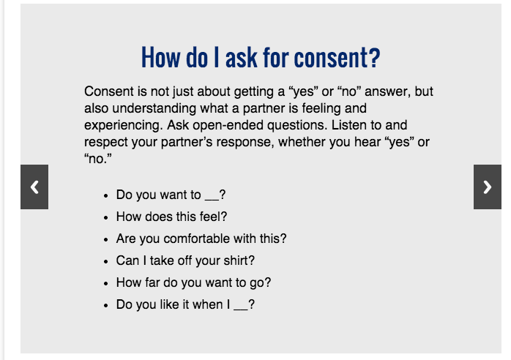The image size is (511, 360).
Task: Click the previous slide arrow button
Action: [34, 187]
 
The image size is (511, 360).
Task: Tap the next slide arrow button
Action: [488, 187]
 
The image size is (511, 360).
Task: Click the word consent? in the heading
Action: [337, 58]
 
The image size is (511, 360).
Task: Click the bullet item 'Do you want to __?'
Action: [171, 195]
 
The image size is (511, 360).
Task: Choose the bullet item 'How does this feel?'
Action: [171, 217]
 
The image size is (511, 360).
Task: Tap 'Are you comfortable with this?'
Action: [201, 239]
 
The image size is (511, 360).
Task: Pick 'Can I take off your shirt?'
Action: [185, 260]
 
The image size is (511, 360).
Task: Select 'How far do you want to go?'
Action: [193, 282]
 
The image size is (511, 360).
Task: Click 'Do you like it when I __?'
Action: [185, 304]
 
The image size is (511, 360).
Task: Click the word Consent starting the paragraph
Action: [109, 91]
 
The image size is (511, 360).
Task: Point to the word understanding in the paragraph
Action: [154, 108]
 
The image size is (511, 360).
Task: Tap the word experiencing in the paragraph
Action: [123, 125]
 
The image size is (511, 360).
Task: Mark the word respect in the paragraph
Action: [106, 143]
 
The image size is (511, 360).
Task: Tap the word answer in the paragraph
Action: [387, 91]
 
